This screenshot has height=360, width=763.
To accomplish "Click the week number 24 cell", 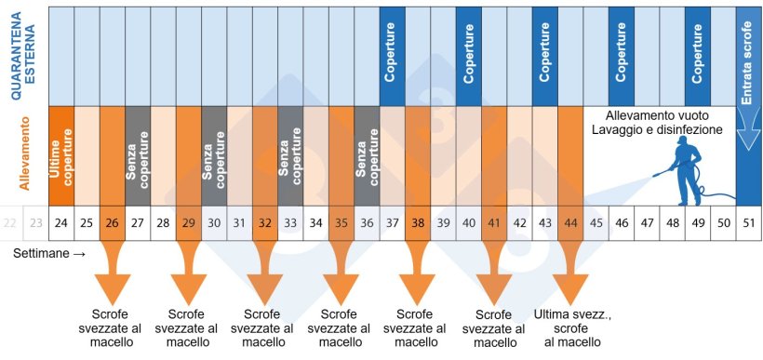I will click(60, 222).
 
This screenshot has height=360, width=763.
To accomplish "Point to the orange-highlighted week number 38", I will click(418, 222).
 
